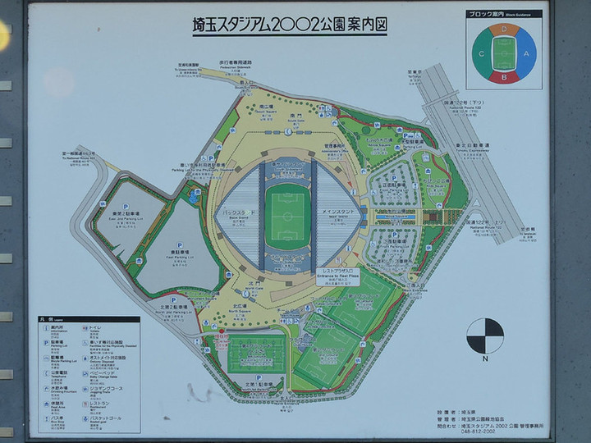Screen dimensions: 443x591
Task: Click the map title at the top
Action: [284, 25]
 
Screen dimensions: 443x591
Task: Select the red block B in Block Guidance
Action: [504, 77]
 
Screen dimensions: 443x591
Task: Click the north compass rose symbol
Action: [485, 336]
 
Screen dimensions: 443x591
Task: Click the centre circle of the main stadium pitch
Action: [286, 217]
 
